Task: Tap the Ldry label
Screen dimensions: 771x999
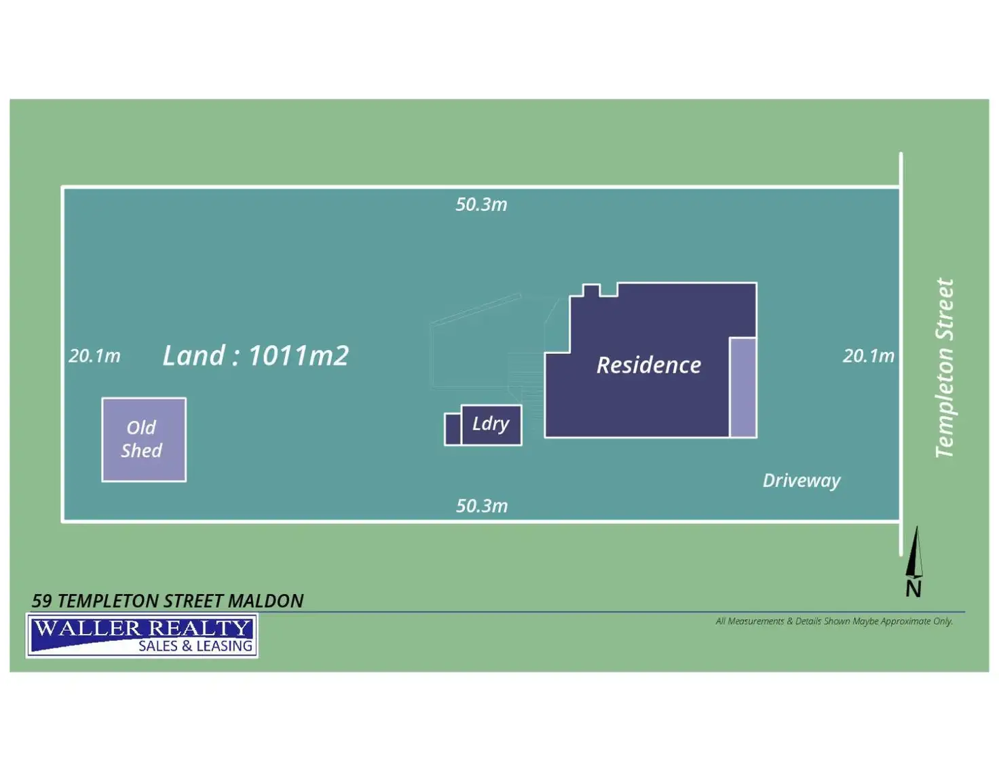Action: pyautogui.click(x=491, y=424)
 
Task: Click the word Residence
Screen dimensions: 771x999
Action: pyautogui.click(x=648, y=365)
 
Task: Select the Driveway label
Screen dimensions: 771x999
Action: pyautogui.click(x=801, y=481)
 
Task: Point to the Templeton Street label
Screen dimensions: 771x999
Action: pyautogui.click(x=944, y=368)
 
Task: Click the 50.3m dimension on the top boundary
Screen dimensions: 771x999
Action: pyautogui.click(x=481, y=205)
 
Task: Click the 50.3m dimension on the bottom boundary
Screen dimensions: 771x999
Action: pyautogui.click(x=481, y=506)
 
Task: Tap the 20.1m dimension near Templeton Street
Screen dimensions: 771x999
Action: pyautogui.click(x=868, y=356)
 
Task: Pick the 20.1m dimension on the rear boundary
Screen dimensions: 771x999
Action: pyautogui.click(x=94, y=356)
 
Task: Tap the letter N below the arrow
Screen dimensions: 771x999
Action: pyautogui.click(x=913, y=589)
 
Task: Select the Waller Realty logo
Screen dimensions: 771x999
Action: pyautogui.click(x=142, y=635)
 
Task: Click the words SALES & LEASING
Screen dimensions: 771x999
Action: pyautogui.click(x=195, y=646)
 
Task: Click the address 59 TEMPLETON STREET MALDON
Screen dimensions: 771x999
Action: pyautogui.click(x=167, y=601)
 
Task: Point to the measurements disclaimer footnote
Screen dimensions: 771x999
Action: pyautogui.click(x=834, y=621)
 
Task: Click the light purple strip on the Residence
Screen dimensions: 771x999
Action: pyautogui.click(x=742, y=387)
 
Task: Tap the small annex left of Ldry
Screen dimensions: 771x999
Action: pyautogui.click(x=453, y=429)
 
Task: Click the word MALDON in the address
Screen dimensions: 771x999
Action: pyautogui.click(x=265, y=601)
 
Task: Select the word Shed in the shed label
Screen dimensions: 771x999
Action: pyautogui.click(x=141, y=451)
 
